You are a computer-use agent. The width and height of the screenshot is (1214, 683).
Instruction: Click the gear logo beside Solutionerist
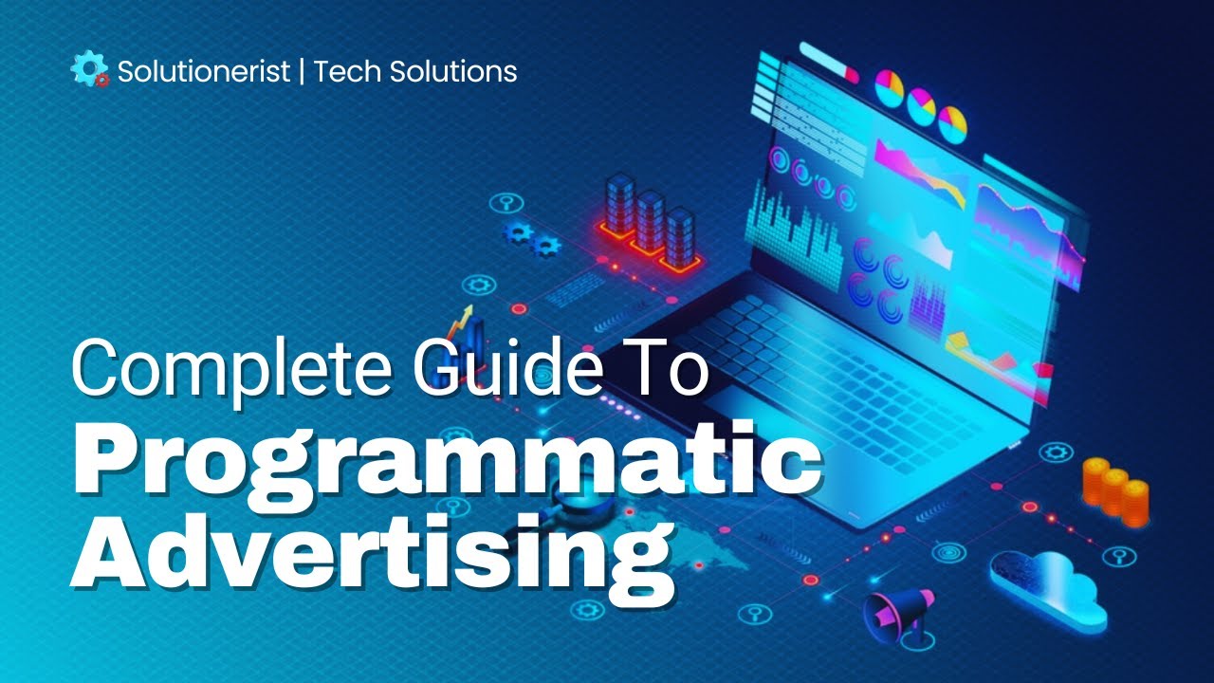click(x=90, y=70)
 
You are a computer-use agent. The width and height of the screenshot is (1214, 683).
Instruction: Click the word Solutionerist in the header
click(x=203, y=71)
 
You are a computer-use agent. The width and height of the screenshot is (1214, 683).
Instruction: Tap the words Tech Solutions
click(x=415, y=71)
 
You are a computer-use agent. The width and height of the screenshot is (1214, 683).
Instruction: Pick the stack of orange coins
click(x=1115, y=489)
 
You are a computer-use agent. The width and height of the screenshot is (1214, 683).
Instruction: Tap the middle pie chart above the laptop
click(x=921, y=104)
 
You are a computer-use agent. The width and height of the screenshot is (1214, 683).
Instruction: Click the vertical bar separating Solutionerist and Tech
click(x=302, y=71)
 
